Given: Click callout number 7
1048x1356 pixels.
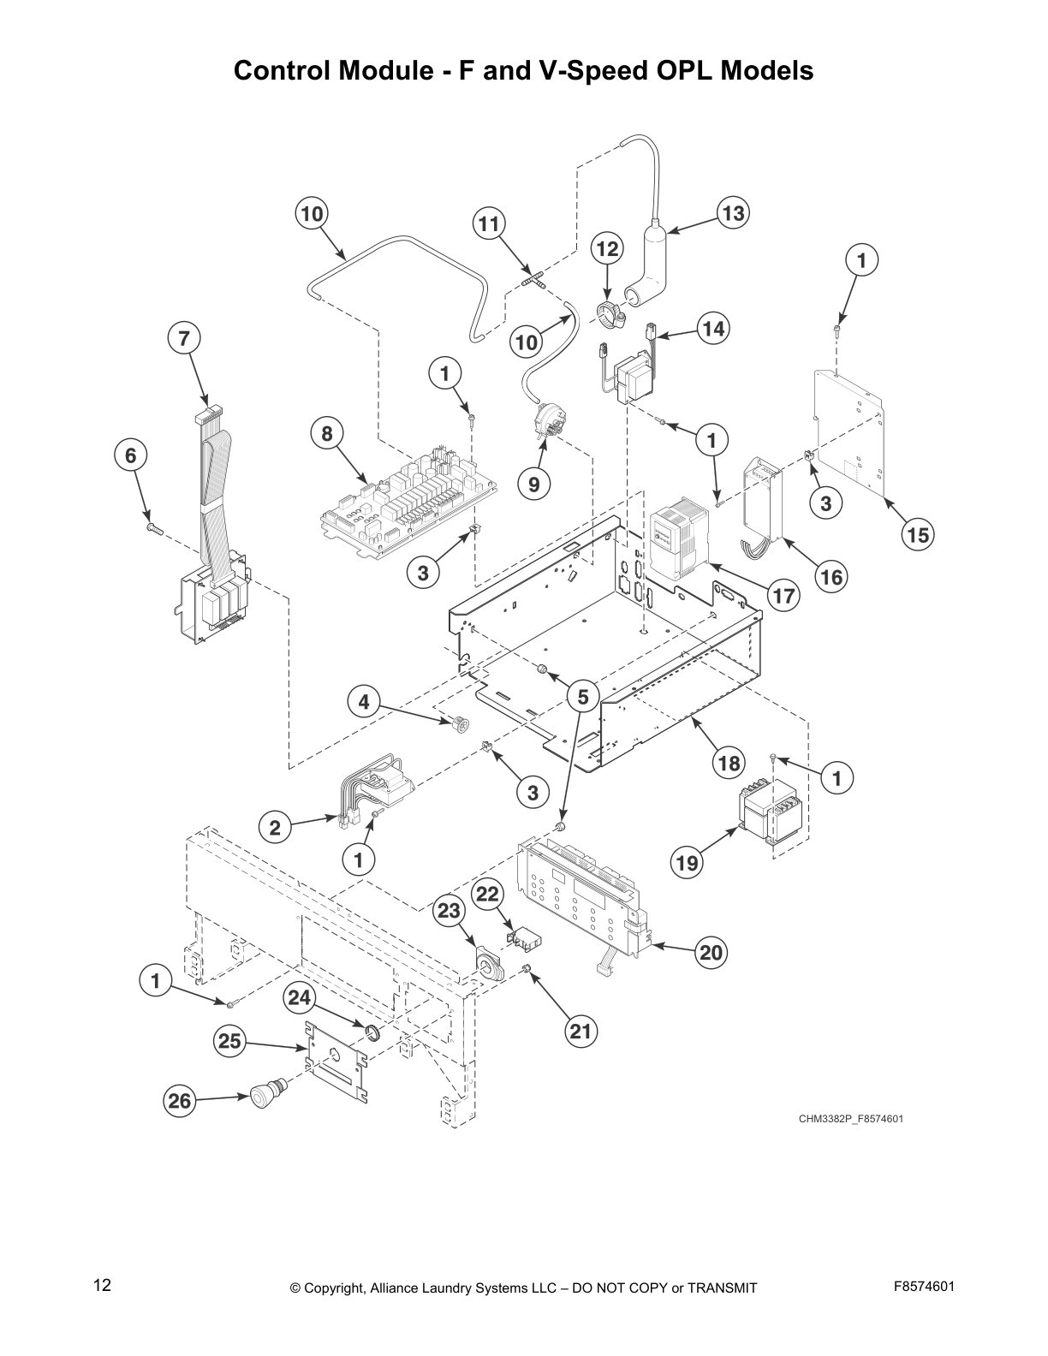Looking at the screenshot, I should pos(183,338).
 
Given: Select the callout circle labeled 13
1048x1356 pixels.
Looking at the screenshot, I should pos(733,212).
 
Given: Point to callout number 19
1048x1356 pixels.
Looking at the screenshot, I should pos(688,863).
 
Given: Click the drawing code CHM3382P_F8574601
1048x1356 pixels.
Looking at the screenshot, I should pos(851,1118).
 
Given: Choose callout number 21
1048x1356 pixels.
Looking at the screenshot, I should pos(581,1032).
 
